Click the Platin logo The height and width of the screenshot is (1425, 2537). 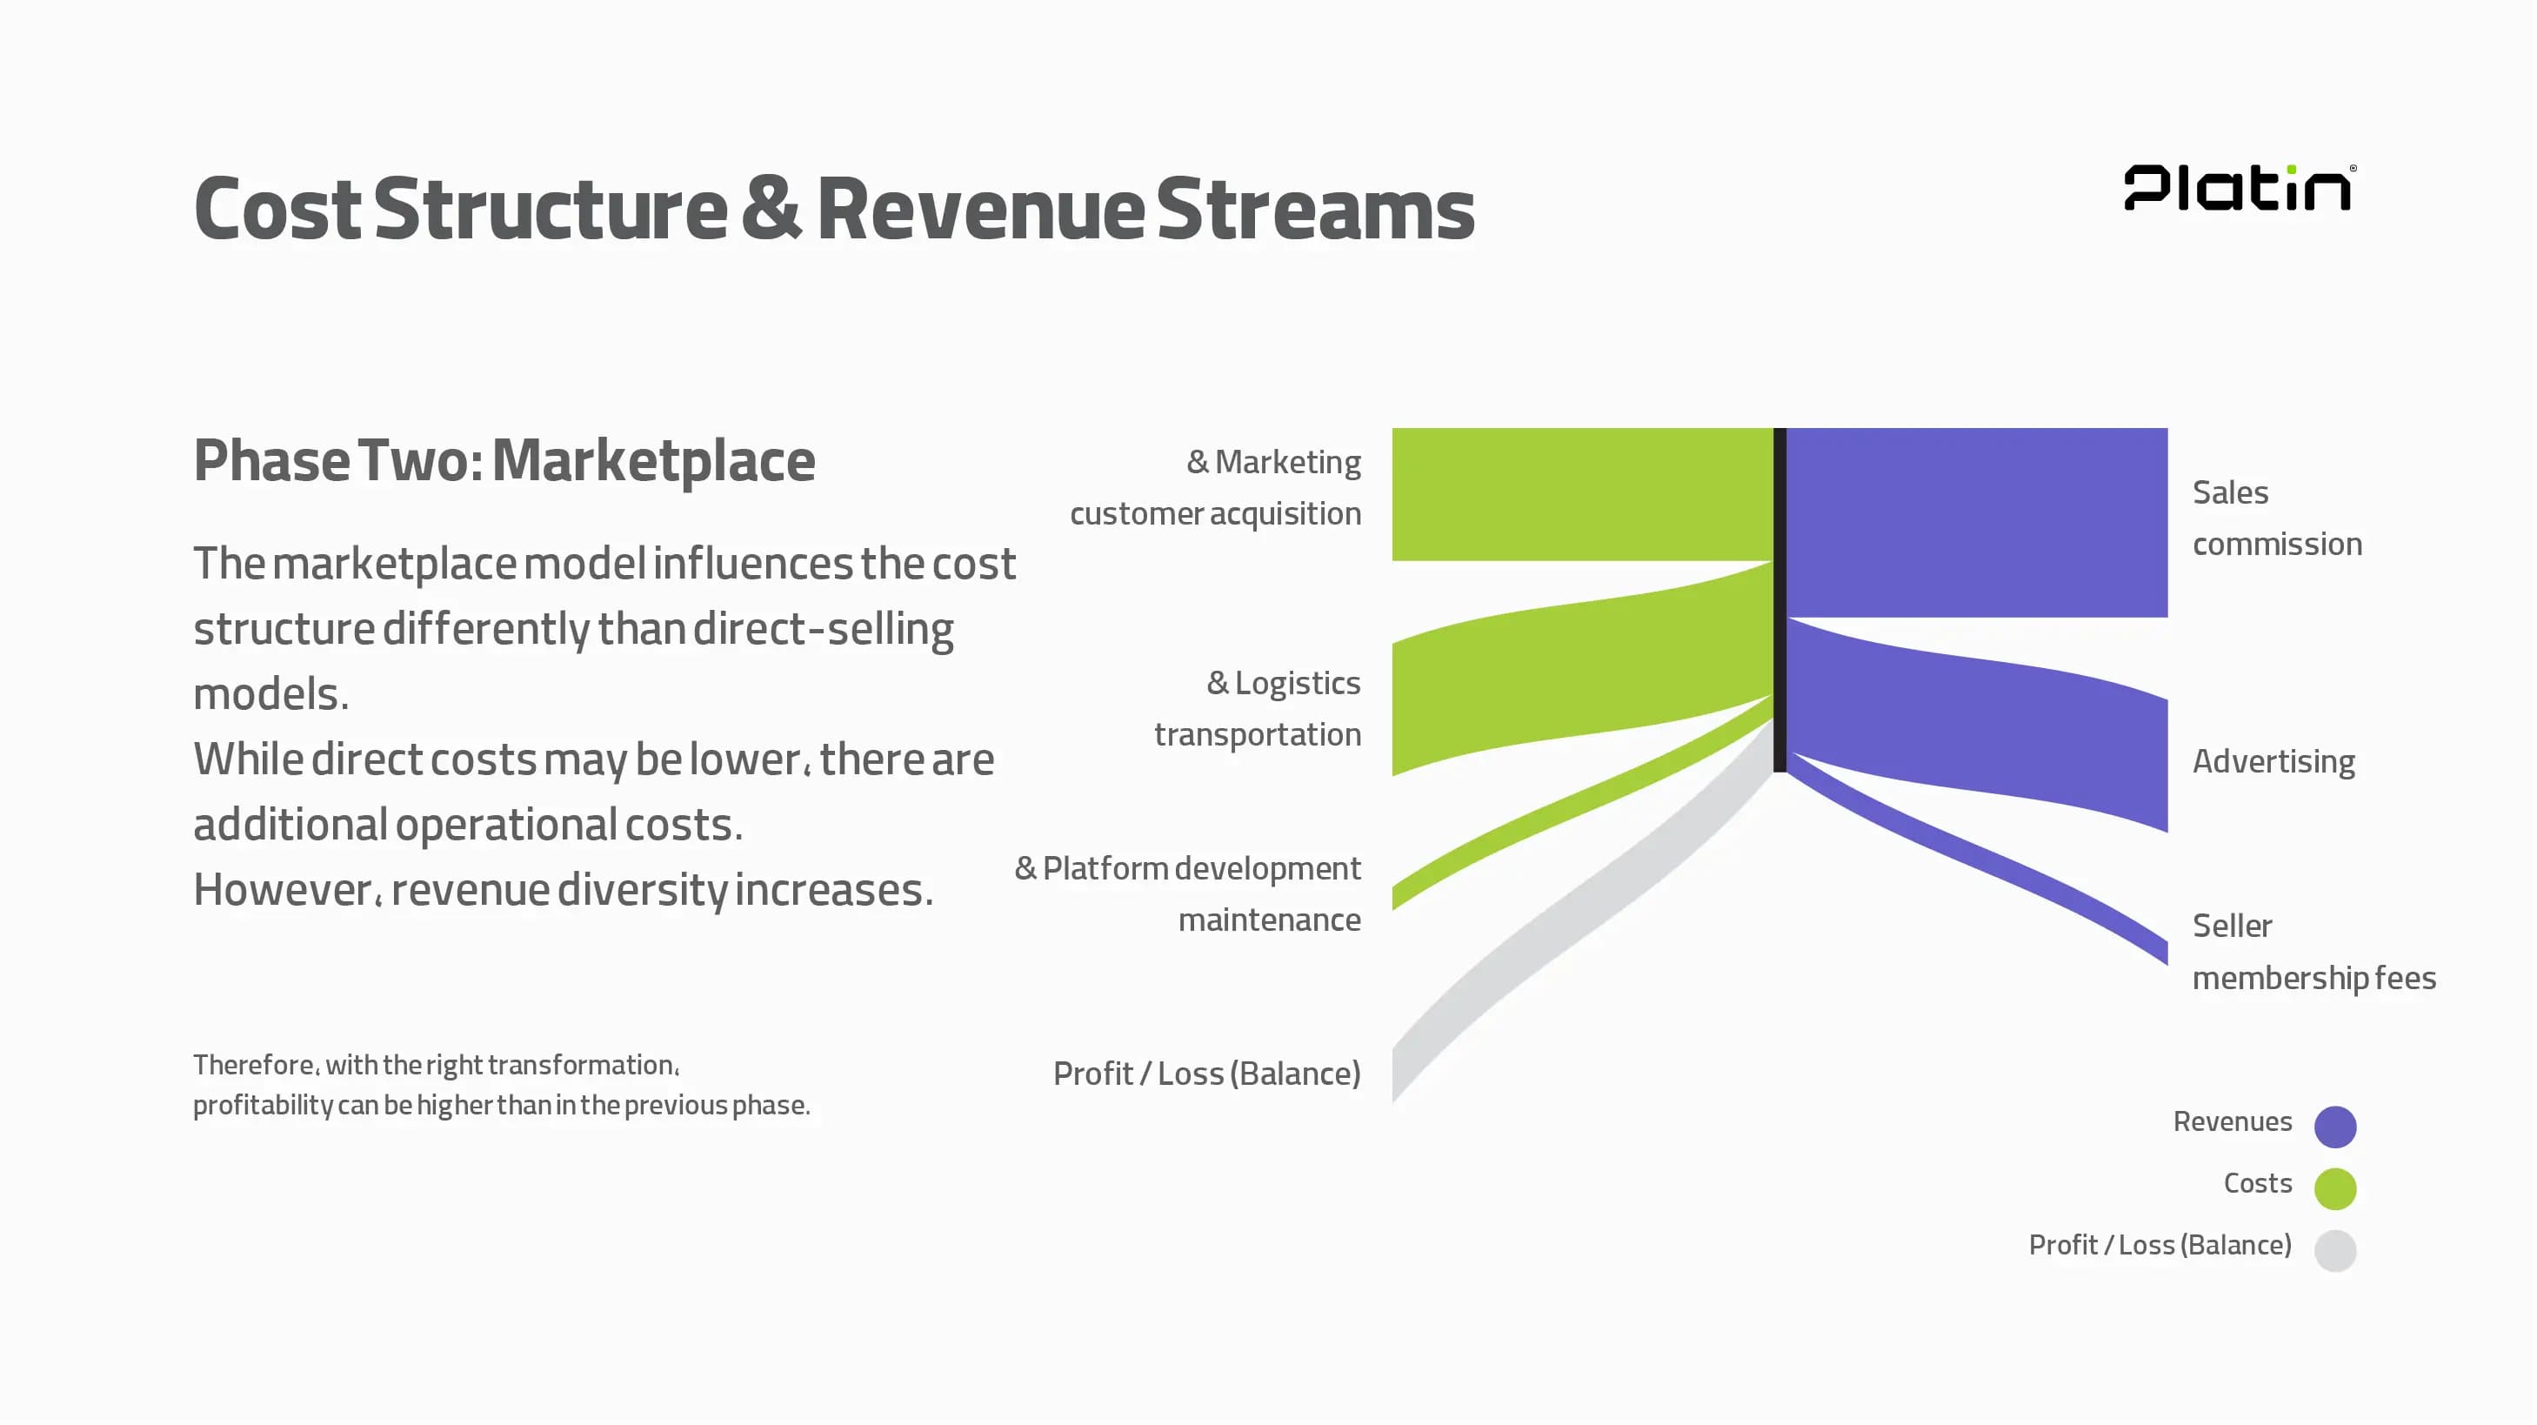point(2239,187)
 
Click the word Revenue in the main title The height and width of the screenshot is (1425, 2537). point(981,209)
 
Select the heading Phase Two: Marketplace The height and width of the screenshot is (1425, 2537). point(504,461)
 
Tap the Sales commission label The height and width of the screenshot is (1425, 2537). point(2276,518)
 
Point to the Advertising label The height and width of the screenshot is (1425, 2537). point(2273,761)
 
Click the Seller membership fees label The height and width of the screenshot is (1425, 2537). point(2313,952)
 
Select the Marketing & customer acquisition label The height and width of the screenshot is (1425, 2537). point(1215,487)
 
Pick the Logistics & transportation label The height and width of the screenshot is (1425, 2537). point(1257,708)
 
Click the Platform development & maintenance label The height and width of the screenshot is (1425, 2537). point(1188,893)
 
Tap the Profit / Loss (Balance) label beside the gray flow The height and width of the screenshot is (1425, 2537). point(1206,1074)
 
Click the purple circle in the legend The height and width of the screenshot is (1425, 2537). point(2334,1127)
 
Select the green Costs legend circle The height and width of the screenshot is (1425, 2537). point(2334,1188)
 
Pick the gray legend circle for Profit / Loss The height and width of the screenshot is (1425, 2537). point(2334,1251)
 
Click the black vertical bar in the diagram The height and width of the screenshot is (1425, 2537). point(1779,599)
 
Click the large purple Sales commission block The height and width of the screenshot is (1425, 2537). point(1977,522)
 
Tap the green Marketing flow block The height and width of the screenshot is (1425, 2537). point(1582,494)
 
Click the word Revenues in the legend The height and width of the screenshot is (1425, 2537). point(2232,1121)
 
